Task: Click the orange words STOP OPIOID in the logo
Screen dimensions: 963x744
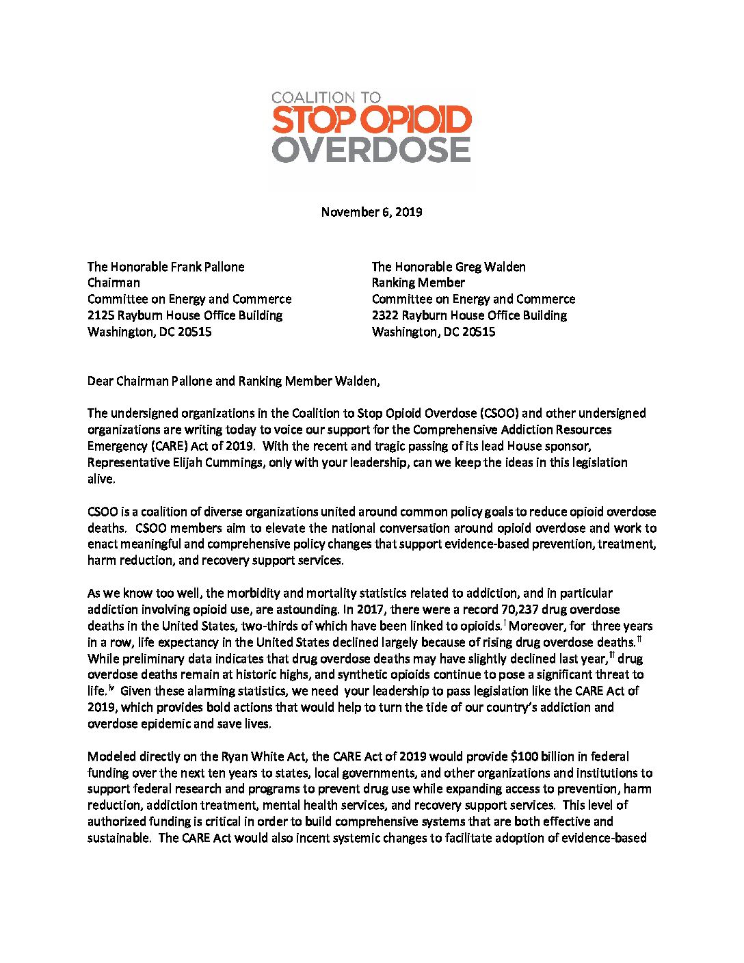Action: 371,120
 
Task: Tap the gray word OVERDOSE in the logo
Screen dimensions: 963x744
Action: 371,150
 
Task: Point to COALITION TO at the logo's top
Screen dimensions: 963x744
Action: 326,98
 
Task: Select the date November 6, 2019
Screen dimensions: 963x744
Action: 371,212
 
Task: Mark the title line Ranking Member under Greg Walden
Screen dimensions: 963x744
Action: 418,282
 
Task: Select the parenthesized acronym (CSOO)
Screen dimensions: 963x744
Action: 499,413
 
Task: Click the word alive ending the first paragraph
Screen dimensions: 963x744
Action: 100,479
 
